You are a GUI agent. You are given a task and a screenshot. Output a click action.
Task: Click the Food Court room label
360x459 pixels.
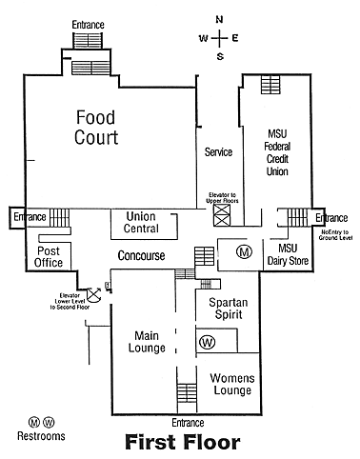click(96, 128)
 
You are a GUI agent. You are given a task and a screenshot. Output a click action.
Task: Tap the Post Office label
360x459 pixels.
click(49, 257)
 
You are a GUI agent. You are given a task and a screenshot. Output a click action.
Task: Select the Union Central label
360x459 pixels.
click(141, 222)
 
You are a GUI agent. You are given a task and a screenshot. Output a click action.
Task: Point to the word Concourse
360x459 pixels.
click(141, 255)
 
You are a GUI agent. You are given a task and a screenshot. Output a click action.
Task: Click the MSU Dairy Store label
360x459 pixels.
click(288, 254)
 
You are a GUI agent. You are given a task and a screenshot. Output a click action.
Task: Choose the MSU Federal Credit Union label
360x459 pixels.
click(277, 152)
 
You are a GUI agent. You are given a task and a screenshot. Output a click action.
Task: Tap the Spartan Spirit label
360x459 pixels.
click(229, 309)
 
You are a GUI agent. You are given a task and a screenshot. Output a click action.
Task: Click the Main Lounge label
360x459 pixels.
click(147, 342)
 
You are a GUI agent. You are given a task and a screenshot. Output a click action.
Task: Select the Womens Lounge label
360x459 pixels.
click(232, 384)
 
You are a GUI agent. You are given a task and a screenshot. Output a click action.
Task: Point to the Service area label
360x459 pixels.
click(218, 152)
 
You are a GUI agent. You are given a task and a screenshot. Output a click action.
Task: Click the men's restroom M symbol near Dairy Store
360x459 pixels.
click(244, 252)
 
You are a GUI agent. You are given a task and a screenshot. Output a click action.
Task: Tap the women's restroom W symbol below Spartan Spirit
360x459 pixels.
click(208, 342)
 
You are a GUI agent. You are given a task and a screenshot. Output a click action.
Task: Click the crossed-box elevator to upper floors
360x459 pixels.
click(222, 215)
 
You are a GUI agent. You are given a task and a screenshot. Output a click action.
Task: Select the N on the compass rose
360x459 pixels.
click(219, 20)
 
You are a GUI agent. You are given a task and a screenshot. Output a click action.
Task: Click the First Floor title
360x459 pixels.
click(183, 442)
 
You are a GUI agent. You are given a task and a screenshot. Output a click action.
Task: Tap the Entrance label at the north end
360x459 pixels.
click(88, 25)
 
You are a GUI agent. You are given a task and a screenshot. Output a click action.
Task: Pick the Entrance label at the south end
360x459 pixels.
click(188, 423)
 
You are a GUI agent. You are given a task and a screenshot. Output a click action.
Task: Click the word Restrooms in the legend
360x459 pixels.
click(41, 436)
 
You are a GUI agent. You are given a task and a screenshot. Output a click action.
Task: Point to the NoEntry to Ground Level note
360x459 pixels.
click(335, 235)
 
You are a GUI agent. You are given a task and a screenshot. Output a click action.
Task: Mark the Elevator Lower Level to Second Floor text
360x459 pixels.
click(70, 301)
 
